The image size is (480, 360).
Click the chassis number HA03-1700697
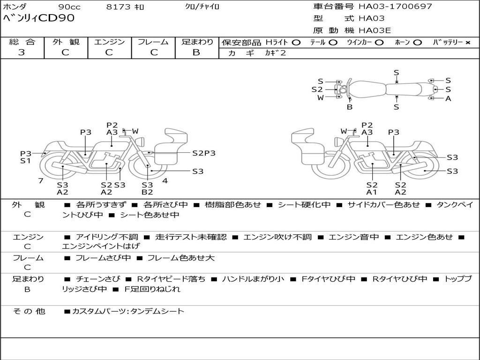(x=395, y=7)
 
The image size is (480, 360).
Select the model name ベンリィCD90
(x=38, y=19)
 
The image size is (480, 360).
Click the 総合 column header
(x=22, y=42)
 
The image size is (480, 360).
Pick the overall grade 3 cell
(x=22, y=52)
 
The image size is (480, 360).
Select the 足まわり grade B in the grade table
(x=196, y=52)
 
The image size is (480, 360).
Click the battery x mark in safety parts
(x=467, y=42)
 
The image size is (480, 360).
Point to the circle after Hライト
(x=296, y=42)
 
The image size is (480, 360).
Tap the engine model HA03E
(x=375, y=31)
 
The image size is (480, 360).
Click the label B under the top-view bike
(x=349, y=107)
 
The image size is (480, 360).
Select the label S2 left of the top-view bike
(x=317, y=90)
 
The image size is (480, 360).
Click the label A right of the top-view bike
(x=448, y=98)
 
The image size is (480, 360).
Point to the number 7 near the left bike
(x=41, y=180)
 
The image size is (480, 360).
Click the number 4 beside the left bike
(x=165, y=180)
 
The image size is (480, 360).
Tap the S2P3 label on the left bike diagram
(x=204, y=153)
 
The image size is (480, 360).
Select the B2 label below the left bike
(x=147, y=192)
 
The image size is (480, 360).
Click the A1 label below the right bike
(x=372, y=192)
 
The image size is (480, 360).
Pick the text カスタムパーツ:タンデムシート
(x=128, y=311)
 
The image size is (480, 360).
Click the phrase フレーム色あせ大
(x=181, y=258)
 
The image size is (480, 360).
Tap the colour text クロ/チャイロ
(x=202, y=7)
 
